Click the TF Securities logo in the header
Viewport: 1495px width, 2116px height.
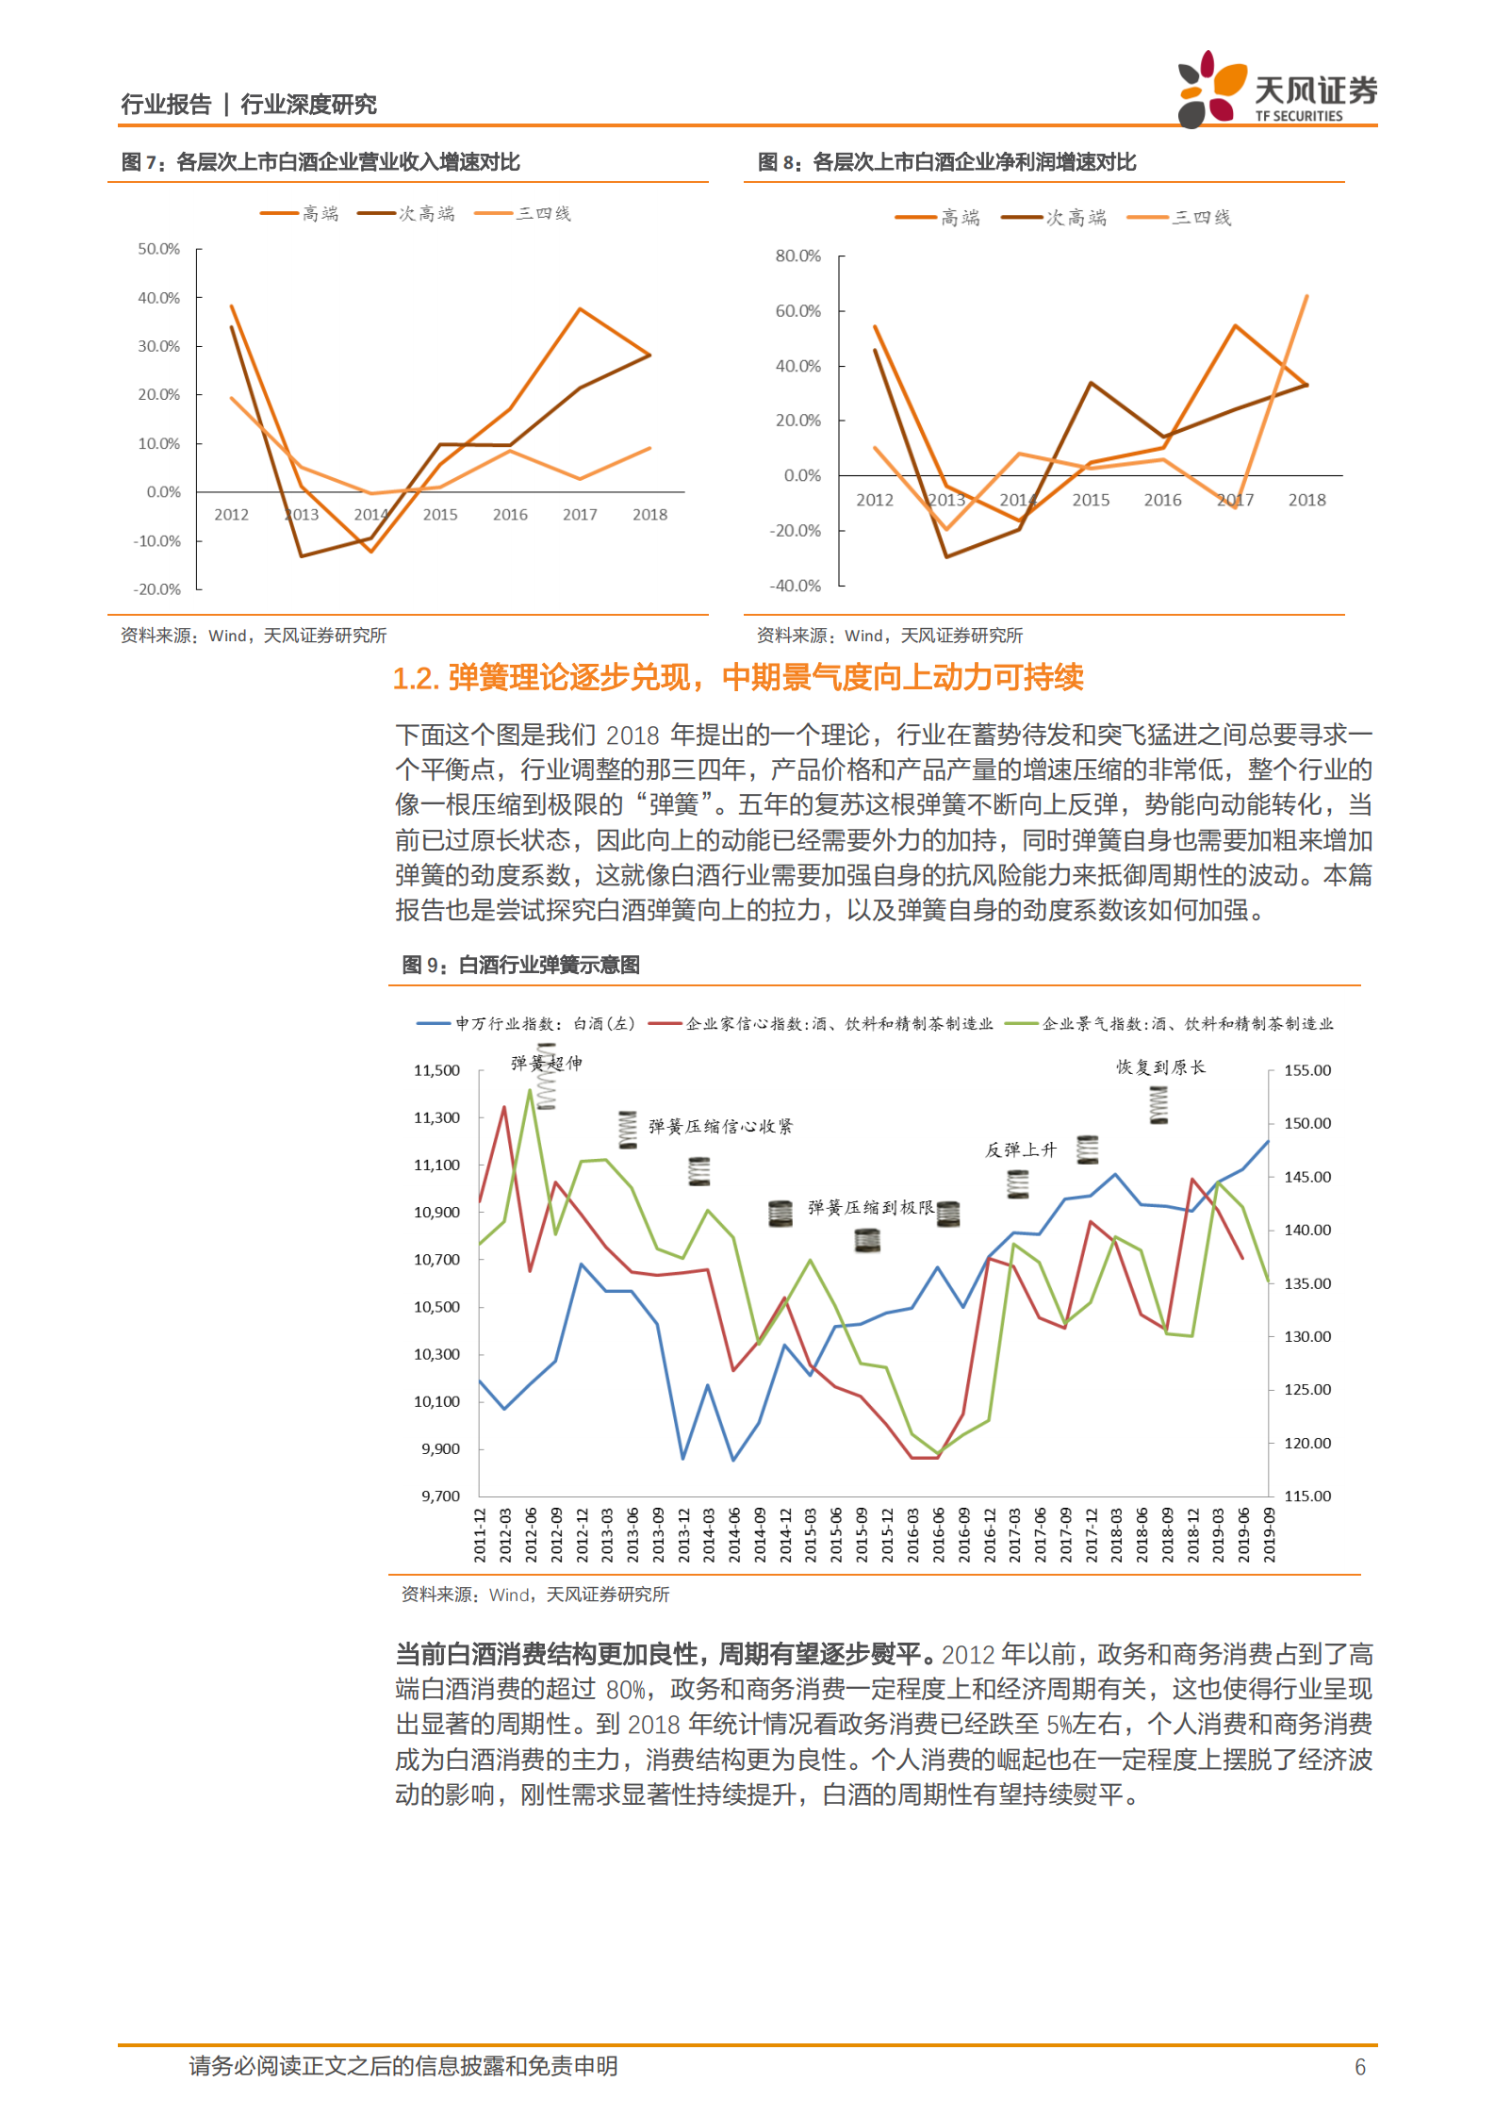coord(1276,90)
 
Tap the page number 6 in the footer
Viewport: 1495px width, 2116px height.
coord(1359,2066)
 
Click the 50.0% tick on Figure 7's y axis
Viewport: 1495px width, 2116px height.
coord(158,249)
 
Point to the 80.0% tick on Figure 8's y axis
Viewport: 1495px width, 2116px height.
coord(797,256)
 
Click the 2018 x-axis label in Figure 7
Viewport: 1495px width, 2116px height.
coord(649,515)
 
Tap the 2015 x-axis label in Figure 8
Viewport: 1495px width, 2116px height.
coord(1090,500)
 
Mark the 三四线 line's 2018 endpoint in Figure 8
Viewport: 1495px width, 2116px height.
coord(1306,296)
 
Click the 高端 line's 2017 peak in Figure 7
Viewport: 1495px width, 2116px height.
coord(580,309)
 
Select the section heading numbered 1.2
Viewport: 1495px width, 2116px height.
coord(737,677)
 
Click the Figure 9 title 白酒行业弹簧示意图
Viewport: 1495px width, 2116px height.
coord(549,965)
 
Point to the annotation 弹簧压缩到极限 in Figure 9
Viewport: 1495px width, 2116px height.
coord(870,1207)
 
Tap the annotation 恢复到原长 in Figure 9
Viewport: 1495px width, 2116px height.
coord(1160,1066)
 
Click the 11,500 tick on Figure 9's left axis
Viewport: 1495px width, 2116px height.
coord(436,1070)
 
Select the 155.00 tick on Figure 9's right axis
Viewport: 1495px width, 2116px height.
coord(1307,1070)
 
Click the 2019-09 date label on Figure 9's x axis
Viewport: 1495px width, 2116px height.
coord(1269,1534)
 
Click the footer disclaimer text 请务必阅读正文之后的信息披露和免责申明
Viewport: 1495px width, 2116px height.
coord(402,2066)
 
